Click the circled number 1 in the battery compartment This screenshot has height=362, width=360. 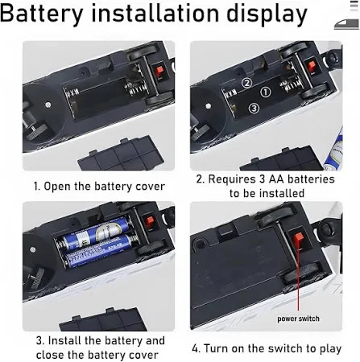click(266, 93)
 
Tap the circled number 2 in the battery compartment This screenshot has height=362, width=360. click(246, 83)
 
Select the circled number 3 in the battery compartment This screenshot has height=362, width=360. click(254, 109)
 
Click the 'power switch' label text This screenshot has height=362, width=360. click(298, 319)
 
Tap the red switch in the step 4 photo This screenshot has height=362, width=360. click(298, 238)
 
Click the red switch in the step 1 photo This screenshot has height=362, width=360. click(160, 71)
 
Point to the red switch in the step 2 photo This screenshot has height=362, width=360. click(312, 66)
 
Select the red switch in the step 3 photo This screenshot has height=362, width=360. click(150, 221)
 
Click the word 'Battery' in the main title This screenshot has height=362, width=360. click(42, 14)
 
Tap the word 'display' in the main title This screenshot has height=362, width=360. click(267, 14)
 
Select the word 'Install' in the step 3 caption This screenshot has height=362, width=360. click(64, 340)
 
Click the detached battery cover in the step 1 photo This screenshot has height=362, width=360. click(122, 154)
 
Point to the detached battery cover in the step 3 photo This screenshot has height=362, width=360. click(103, 319)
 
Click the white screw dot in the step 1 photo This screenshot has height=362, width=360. click(48, 104)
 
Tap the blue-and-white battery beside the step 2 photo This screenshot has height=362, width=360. click(333, 150)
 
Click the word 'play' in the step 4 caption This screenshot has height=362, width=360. click(330, 349)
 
